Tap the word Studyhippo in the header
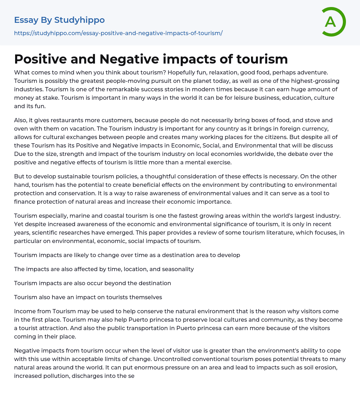pyautogui.click(x=79, y=20)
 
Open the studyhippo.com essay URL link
pyautogui.click(x=118, y=33)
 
